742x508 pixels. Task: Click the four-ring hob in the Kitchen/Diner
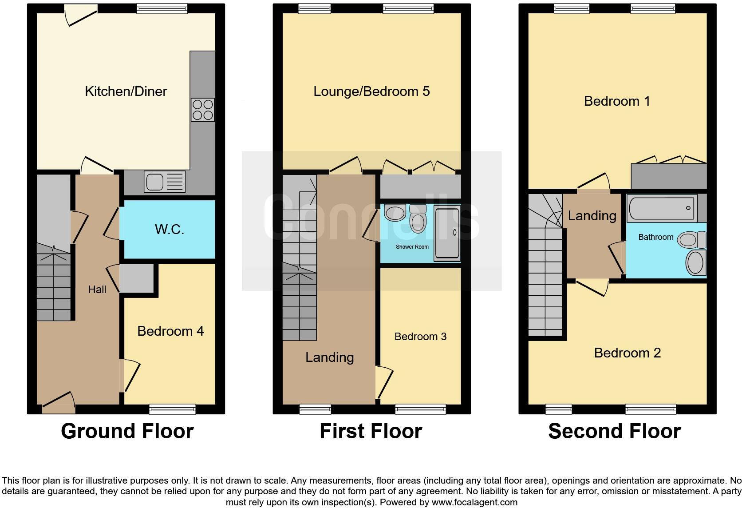pos(202,110)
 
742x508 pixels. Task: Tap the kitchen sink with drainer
pos(164,182)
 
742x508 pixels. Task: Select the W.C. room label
pos(169,230)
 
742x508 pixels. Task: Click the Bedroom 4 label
pos(170,331)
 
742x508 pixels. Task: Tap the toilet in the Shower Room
pos(418,218)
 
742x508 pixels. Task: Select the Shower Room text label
pos(412,247)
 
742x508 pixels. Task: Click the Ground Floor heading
pos(127,431)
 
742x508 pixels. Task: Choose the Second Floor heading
pos(614,431)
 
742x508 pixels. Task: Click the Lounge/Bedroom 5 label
pos(371,91)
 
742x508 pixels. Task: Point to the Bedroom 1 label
pos(617,101)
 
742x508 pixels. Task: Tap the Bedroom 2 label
pos(627,353)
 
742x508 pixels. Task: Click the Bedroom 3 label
pos(420,337)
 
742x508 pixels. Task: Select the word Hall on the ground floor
pos(97,290)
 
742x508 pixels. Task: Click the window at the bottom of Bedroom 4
pos(172,409)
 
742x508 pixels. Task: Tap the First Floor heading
pos(371,431)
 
